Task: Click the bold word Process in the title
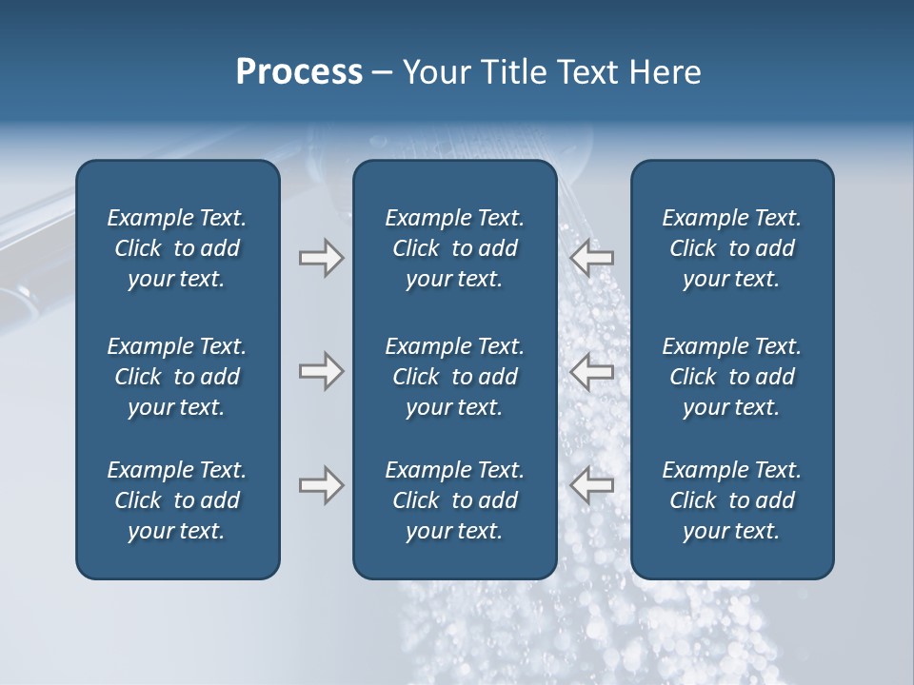click(x=299, y=72)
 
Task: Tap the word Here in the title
click(x=666, y=72)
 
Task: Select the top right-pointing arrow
click(x=321, y=257)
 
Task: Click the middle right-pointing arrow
click(x=321, y=371)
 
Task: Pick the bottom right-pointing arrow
click(x=321, y=485)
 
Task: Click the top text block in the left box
click(x=177, y=248)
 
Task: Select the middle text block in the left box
click(x=177, y=377)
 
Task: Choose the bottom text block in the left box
click(x=177, y=500)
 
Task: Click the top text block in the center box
click(x=454, y=248)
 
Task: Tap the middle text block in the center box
click(x=454, y=377)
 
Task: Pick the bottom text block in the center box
click(x=454, y=500)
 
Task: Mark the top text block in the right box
click(x=731, y=248)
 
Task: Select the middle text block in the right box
click(x=731, y=377)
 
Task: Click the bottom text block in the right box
click(x=731, y=500)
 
